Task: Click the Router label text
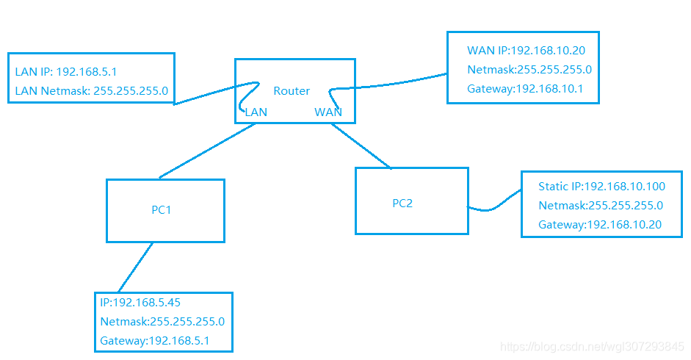(x=292, y=91)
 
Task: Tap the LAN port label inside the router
(x=256, y=112)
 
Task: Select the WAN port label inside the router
(x=328, y=112)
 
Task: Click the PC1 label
(x=162, y=210)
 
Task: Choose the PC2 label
(x=402, y=204)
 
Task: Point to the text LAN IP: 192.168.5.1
(x=66, y=72)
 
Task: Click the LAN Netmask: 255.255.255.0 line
(x=92, y=92)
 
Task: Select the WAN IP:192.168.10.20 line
(x=526, y=51)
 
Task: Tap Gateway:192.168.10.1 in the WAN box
(x=523, y=89)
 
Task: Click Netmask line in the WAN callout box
(x=529, y=70)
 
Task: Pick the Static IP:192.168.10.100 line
(x=601, y=187)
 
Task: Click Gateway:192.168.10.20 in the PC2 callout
(x=600, y=225)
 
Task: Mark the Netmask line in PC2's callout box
(x=601, y=206)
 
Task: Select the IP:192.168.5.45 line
(x=140, y=302)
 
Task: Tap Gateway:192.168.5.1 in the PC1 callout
(x=155, y=341)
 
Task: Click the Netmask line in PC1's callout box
(x=162, y=321)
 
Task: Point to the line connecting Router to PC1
(x=208, y=151)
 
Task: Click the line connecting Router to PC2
(x=361, y=146)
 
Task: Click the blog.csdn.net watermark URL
(x=591, y=346)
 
